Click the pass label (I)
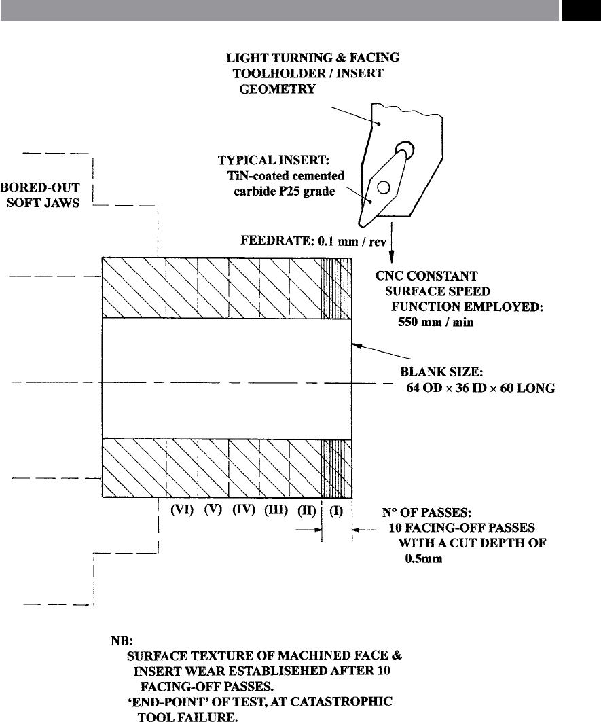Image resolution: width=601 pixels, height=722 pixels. pos(336,511)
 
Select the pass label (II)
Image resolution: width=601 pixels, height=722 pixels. pos(307,511)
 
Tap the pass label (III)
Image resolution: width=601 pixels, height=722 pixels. pos(276,510)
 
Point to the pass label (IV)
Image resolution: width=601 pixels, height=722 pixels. pos(244,510)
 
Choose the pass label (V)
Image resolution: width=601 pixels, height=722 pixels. pos(213,510)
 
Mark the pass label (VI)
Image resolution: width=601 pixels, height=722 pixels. pos(182,510)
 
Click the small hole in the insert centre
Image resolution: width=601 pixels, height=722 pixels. pos(384,187)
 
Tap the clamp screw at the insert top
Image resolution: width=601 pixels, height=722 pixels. pos(404,150)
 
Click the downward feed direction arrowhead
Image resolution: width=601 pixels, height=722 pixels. pos(391,257)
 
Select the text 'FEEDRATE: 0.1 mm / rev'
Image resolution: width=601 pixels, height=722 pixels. pos(313,241)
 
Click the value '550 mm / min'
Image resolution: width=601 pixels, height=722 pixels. pos(436,322)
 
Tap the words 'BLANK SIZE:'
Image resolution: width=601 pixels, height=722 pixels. pos(441,372)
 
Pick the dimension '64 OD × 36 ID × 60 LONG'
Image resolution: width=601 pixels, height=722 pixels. pos(480,388)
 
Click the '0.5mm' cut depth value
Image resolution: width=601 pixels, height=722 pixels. pos(424,558)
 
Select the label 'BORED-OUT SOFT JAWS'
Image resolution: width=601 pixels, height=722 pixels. pos(41,195)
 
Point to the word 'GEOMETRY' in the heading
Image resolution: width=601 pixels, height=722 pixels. pos(277,89)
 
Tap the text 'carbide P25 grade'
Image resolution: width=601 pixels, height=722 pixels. pos(284,191)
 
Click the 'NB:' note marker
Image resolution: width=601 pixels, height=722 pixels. pos(122,640)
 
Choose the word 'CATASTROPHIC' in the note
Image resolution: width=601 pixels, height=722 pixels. pos(342,702)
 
